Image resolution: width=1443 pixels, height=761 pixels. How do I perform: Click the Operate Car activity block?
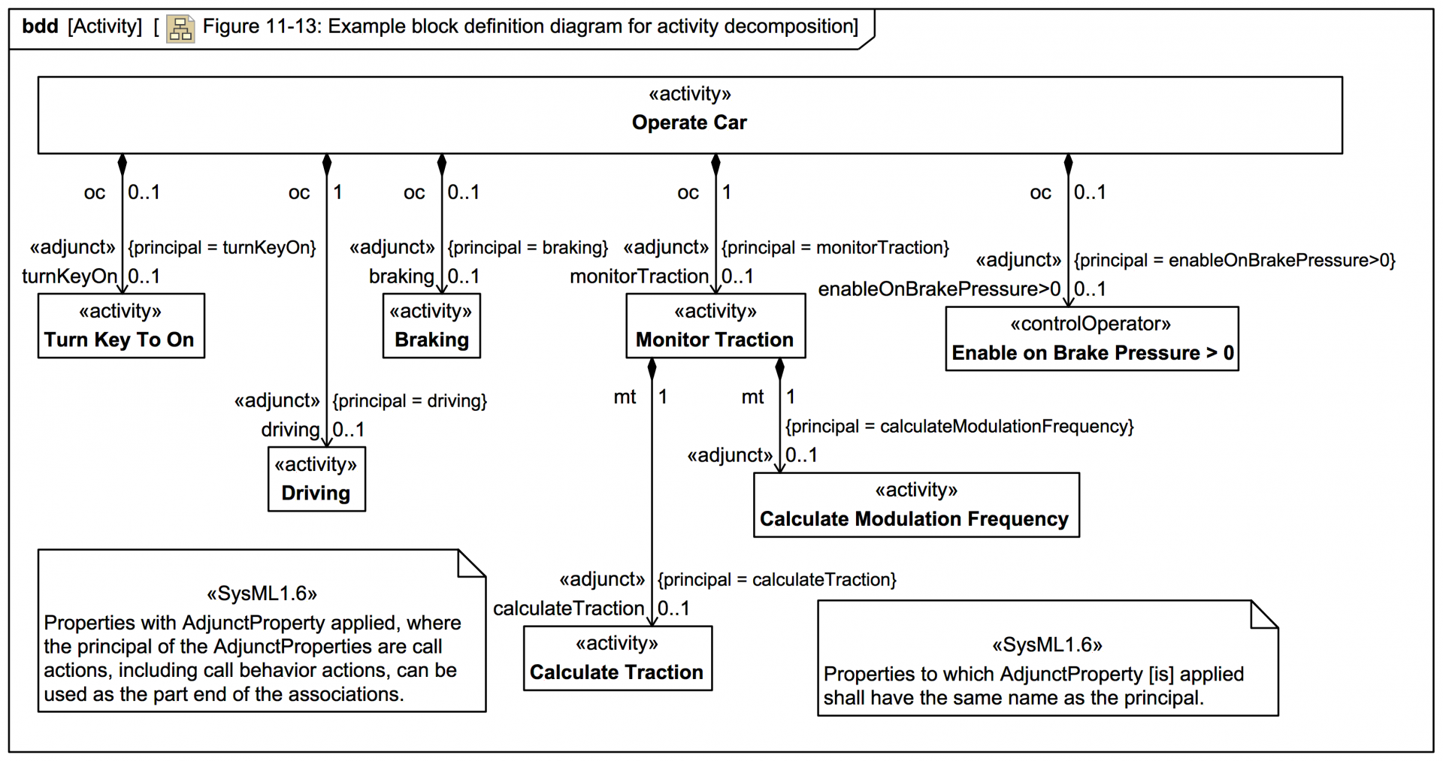coord(689,115)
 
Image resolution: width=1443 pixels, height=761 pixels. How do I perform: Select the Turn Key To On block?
coord(120,326)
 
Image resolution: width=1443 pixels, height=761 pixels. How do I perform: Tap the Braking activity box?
coord(431,326)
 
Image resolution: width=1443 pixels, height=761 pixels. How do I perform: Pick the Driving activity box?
coord(316,479)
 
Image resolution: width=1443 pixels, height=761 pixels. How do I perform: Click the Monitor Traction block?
coord(715,326)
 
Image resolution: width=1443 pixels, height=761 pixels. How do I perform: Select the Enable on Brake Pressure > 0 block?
coord(1091,339)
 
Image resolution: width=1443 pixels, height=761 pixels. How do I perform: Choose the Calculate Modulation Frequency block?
coord(915,505)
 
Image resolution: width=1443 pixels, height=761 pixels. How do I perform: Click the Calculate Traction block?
coord(617,658)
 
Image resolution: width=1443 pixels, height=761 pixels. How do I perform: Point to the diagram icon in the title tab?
coord(180,29)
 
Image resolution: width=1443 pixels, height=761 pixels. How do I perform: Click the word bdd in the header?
coord(40,26)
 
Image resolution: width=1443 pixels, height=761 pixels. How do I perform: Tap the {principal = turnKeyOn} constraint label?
coord(222,248)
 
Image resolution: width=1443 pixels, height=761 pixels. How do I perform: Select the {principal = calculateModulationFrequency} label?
coord(959,427)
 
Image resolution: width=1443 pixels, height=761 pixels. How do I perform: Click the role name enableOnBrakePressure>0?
coord(939,289)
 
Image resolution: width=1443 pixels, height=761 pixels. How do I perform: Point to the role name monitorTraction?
coord(639,276)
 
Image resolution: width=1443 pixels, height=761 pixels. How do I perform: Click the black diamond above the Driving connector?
coord(327,165)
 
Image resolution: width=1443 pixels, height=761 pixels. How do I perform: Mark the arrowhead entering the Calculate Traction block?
coord(652,621)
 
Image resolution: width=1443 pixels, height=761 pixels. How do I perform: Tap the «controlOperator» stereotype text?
coord(1091,325)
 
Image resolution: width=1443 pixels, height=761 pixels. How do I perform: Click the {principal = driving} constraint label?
coord(410,401)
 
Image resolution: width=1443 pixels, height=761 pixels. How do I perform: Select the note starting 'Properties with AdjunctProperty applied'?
coord(261,631)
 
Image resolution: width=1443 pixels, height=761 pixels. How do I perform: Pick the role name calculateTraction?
coord(568,608)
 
